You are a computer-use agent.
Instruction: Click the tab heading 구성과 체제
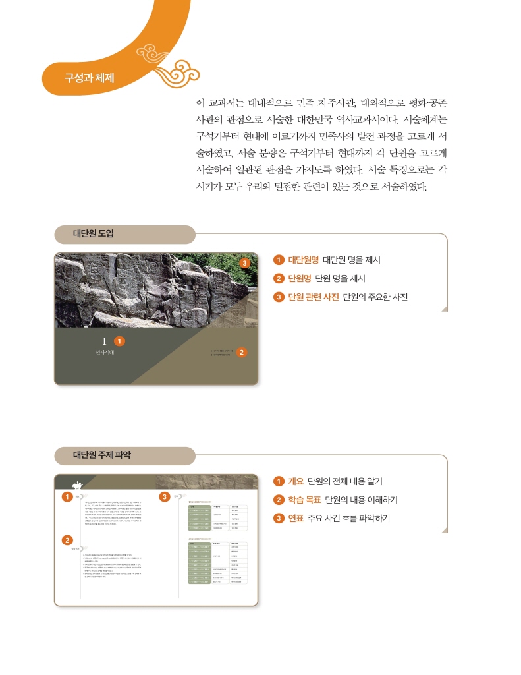(89, 77)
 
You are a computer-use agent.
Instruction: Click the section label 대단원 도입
(94, 234)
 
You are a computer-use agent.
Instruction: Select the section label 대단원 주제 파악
(101, 455)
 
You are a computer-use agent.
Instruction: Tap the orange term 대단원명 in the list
(304, 260)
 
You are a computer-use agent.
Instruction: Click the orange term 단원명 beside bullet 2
(300, 278)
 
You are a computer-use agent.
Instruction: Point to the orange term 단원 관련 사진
(314, 297)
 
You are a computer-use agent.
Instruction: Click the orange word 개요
(296, 481)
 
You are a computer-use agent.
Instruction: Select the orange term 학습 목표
(304, 500)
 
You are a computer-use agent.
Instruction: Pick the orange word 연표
(296, 518)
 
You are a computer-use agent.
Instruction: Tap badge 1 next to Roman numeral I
(119, 341)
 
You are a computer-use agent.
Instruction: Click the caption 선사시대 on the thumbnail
(104, 353)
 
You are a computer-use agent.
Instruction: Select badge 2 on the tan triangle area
(242, 352)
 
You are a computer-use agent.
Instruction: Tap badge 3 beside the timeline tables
(165, 496)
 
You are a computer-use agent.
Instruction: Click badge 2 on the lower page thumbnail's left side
(67, 541)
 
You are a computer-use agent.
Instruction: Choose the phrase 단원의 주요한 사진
(375, 297)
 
